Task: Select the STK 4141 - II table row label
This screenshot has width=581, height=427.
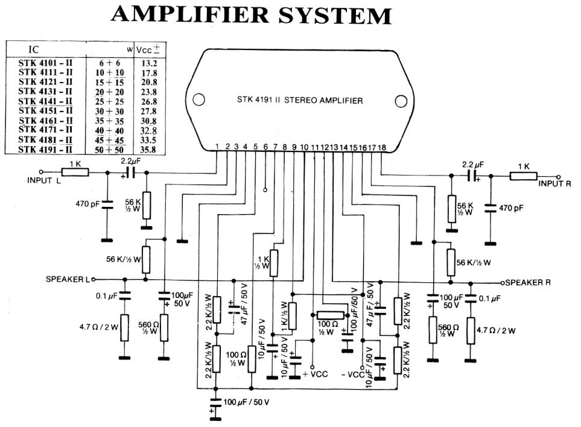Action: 45,101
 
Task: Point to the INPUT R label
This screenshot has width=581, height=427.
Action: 554,183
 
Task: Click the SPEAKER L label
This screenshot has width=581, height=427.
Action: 67,279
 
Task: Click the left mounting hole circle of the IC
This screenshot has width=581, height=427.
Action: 198,100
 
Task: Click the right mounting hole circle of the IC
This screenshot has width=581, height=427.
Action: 401,100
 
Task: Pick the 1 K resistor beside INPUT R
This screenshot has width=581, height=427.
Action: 522,176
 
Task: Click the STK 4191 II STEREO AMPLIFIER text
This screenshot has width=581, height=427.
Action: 300,101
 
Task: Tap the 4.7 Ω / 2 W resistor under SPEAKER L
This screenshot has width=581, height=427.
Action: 124,327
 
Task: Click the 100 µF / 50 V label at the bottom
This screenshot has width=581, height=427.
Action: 246,402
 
